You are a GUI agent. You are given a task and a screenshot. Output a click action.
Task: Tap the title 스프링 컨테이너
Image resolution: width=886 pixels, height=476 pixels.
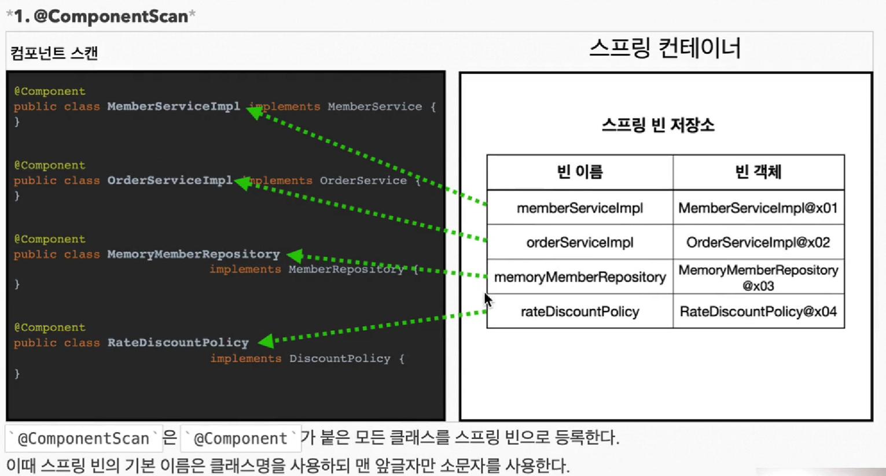(x=665, y=48)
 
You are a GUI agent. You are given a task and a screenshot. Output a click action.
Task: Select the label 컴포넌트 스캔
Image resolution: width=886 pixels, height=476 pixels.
(x=54, y=53)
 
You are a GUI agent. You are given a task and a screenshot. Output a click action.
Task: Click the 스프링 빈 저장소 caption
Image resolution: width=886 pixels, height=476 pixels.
(x=658, y=125)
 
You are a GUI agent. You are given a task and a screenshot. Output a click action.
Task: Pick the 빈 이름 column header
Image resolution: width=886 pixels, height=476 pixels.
(x=579, y=172)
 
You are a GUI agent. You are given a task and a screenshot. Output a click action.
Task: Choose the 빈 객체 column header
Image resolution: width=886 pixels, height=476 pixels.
(x=758, y=172)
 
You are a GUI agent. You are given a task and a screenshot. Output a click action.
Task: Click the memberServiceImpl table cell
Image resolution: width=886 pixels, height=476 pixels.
(x=579, y=208)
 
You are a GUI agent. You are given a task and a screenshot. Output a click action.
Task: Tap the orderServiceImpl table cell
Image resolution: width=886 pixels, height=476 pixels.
(x=579, y=242)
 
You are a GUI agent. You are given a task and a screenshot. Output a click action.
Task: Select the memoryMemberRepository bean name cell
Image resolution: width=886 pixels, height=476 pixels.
(x=579, y=277)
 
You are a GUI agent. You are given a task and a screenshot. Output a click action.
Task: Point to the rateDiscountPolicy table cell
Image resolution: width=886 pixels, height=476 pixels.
(x=579, y=312)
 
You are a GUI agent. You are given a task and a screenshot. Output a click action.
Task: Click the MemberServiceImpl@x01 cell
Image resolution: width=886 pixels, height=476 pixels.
(x=758, y=208)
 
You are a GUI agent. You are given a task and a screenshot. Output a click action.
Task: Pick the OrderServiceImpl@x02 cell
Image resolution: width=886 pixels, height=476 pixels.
(x=758, y=242)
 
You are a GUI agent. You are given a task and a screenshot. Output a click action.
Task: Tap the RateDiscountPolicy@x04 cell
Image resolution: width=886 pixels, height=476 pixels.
(x=758, y=312)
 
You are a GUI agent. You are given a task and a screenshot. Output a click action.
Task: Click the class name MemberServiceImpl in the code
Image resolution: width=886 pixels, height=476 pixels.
(x=174, y=106)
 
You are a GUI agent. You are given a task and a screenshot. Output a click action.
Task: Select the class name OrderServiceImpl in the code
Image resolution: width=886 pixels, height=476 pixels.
(x=170, y=180)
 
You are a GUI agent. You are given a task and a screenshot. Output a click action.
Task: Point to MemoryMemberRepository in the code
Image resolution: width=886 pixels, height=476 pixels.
(x=193, y=254)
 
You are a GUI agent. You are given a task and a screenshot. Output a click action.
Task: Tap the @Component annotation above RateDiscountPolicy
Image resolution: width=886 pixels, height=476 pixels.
(x=50, y=327)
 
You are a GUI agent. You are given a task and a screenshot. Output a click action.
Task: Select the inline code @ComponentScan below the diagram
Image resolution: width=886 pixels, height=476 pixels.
(x=83, y=439)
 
